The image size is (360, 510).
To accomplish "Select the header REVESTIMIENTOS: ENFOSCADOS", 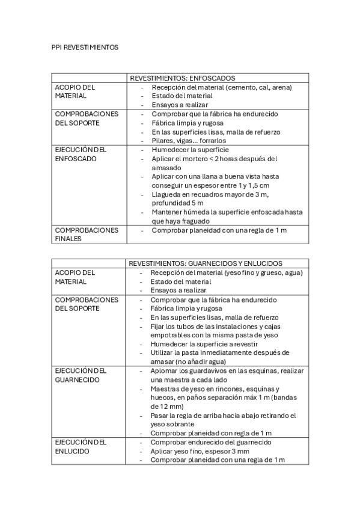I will point(182,78).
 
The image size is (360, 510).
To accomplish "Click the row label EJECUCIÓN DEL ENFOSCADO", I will point(81,154).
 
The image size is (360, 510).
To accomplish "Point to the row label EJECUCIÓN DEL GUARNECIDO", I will point(81,376).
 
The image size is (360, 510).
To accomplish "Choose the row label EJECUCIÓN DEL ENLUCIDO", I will point(81,446).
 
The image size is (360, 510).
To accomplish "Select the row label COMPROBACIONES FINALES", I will point(87,234).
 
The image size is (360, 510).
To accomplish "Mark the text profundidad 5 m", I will point(178,203).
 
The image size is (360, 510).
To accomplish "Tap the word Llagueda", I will point(166,194).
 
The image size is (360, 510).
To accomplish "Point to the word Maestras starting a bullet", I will point(166,389).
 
